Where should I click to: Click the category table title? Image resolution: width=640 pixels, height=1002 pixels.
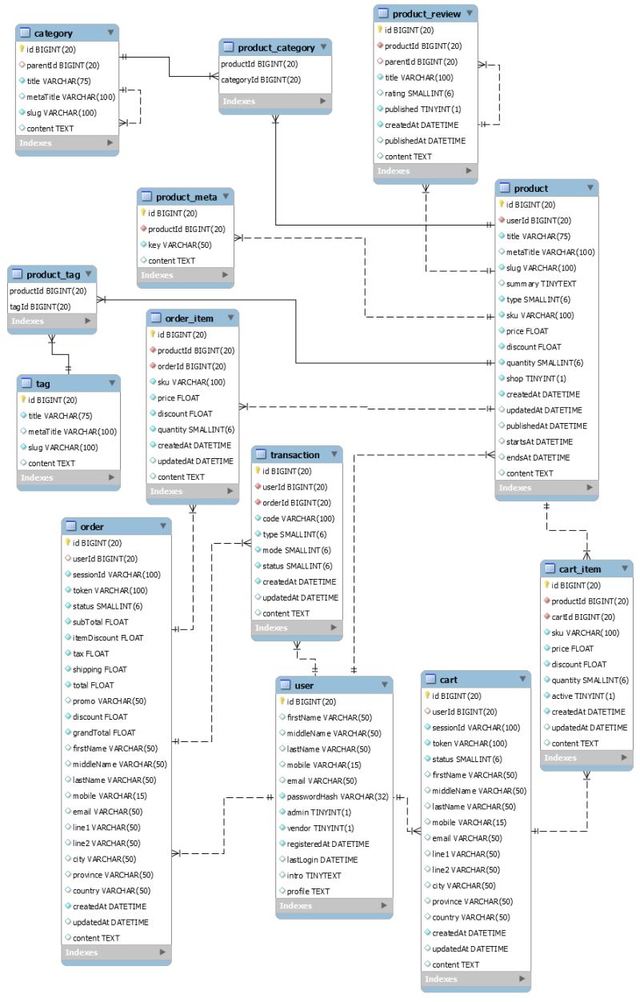[54, 34]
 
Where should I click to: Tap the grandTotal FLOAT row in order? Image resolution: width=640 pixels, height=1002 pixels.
[104, 733]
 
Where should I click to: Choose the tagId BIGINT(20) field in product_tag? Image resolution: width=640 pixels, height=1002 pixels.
[40, 306]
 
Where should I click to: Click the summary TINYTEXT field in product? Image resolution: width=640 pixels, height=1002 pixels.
[541, 284]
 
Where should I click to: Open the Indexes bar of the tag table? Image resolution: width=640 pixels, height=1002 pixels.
[68, 478]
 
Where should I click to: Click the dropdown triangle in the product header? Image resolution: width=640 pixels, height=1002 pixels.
[590, 188]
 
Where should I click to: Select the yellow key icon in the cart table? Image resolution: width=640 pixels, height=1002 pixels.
[427, 696]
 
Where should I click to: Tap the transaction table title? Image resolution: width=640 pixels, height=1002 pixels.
[294, 455]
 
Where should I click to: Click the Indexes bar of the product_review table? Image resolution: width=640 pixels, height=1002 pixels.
[424, 171]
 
